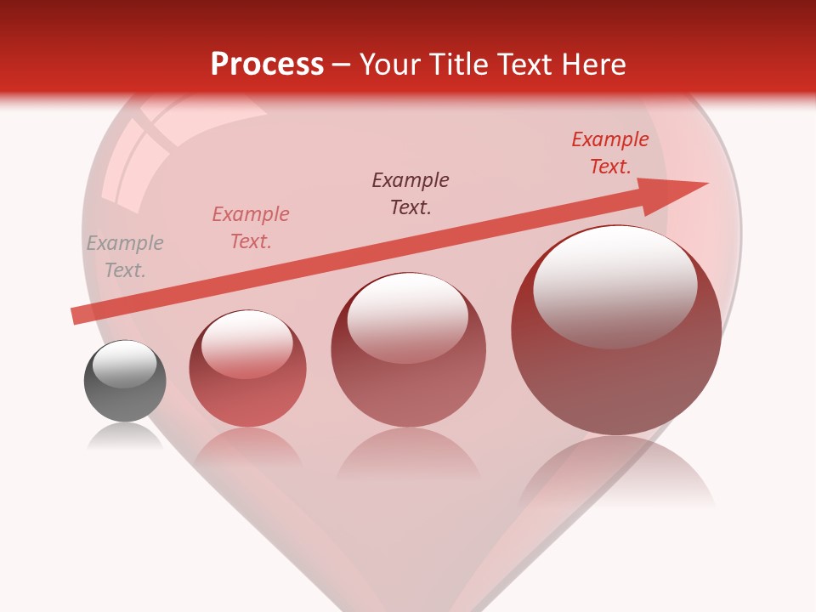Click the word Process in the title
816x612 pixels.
267,64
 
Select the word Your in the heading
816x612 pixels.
389,64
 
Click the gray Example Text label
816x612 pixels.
125,257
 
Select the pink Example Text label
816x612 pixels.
251,228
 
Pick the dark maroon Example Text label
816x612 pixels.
411,193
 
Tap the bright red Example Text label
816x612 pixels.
610,153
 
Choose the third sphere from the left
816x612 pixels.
409,357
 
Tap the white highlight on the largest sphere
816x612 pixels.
615,285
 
